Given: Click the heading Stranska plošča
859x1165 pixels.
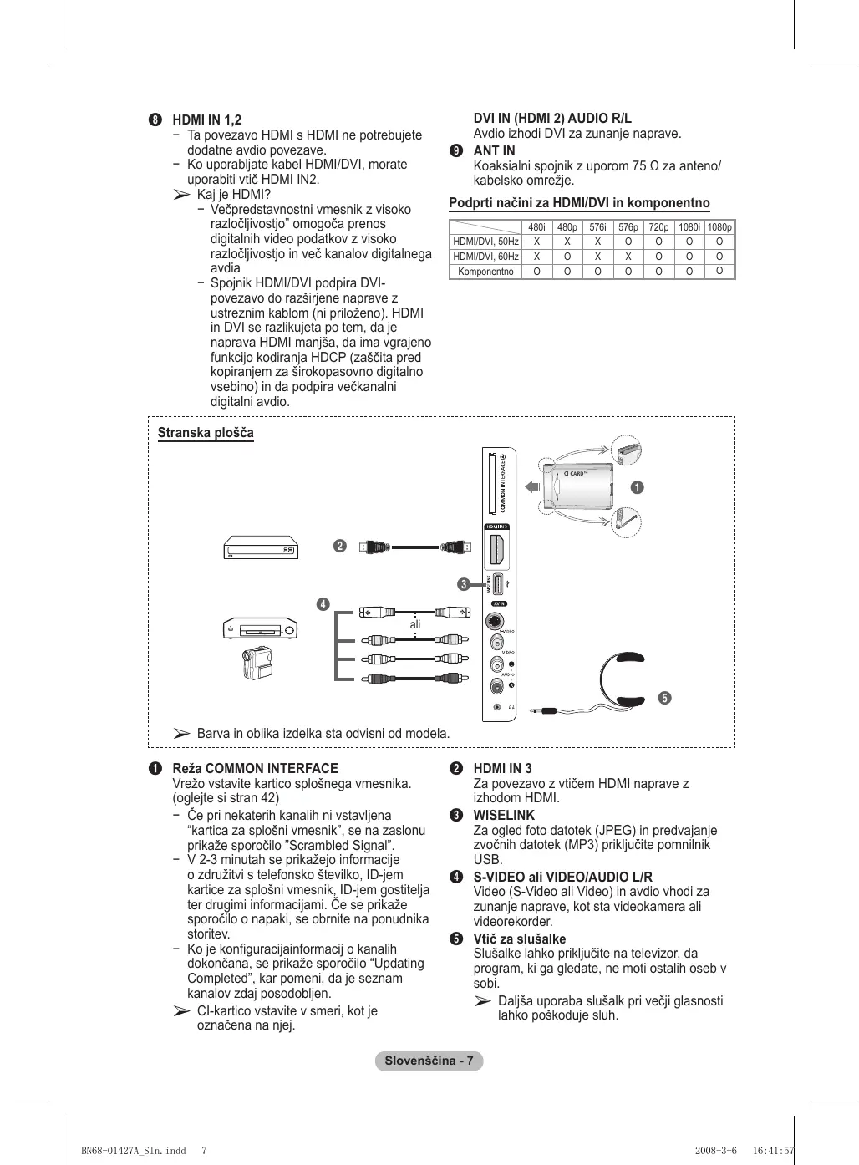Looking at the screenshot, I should (206, 433).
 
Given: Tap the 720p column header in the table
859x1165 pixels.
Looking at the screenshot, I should (658, 227).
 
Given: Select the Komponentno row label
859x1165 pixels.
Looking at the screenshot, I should (485, 272).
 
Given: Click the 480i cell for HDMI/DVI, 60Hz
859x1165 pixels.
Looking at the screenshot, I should (536, 257).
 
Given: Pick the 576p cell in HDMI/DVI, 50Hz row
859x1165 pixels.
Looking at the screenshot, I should (628, 242).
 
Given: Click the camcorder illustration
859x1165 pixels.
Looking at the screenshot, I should (257, 663).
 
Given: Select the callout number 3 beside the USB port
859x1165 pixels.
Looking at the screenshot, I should (463, 584).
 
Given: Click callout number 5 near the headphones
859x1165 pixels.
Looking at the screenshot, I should (664, 698).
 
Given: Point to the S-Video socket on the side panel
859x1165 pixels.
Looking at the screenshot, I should (496, 623).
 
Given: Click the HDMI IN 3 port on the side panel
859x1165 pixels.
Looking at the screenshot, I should (496, 552).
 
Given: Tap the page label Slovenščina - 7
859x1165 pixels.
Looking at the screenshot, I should (429, 1061).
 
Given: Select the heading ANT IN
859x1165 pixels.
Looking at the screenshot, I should (494, 151).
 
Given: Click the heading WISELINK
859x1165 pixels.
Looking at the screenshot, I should (504, 815).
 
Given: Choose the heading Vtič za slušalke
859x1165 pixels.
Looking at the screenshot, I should (519, 939).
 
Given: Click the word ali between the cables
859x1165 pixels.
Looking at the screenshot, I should (415, 624).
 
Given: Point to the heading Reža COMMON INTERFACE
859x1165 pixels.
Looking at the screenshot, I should (255, 768).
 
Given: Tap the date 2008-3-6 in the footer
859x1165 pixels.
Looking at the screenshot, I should (715, 1150).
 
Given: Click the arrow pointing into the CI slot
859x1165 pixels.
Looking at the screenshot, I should (532, 487).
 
